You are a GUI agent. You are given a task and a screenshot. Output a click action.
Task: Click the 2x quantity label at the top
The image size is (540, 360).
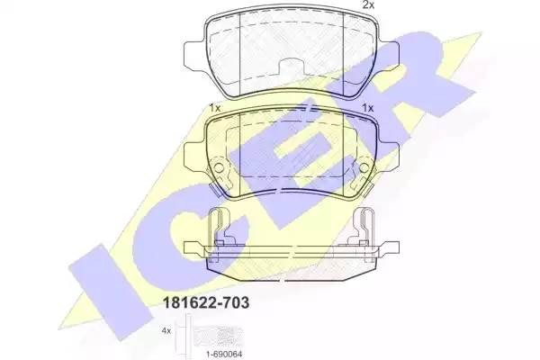point(367,5)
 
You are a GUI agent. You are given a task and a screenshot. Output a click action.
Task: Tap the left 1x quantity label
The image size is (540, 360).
point(214,108)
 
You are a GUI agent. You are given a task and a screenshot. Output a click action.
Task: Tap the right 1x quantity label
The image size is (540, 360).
point(366,108)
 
